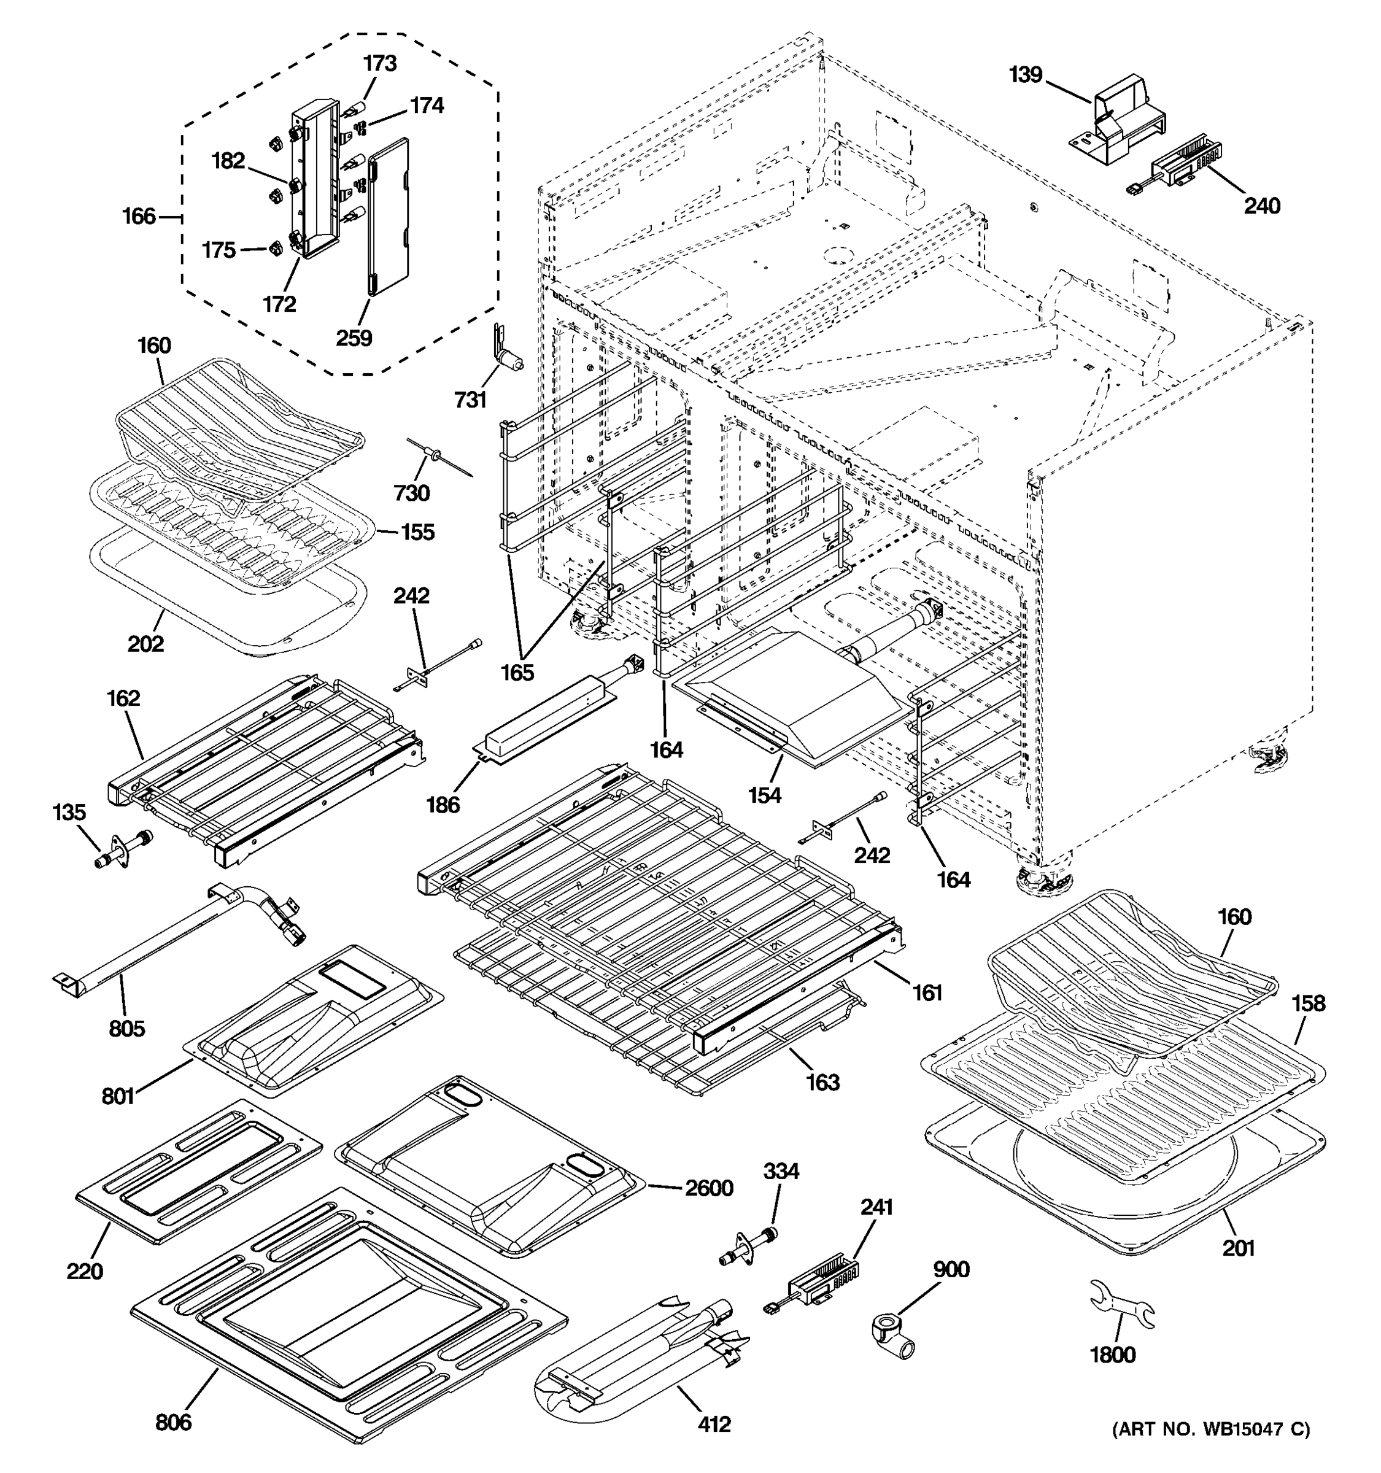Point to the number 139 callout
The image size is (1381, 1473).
coord(1026,75)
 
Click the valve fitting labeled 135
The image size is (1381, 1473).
coord(124,849)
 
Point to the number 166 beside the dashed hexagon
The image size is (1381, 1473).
coord(139,217)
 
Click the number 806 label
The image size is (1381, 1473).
coord(173,1423)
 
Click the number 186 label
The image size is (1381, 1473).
coord(443,804)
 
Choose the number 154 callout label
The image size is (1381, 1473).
coord(764,795)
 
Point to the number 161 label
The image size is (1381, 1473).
coord(927,992)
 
